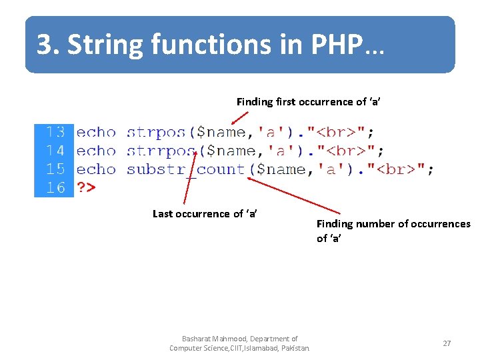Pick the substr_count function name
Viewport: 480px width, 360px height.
(x=186, y=169)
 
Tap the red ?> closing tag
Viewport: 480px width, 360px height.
(x=86, y=187)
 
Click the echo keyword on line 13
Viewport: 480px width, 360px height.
(x=96, y=133)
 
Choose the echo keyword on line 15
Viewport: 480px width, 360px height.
(x=96, y=169)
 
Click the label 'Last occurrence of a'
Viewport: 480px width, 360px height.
(x=205, y=214)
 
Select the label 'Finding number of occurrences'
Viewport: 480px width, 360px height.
(x=393, y=224)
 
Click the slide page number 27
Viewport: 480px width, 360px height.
(x=447, y=343)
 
